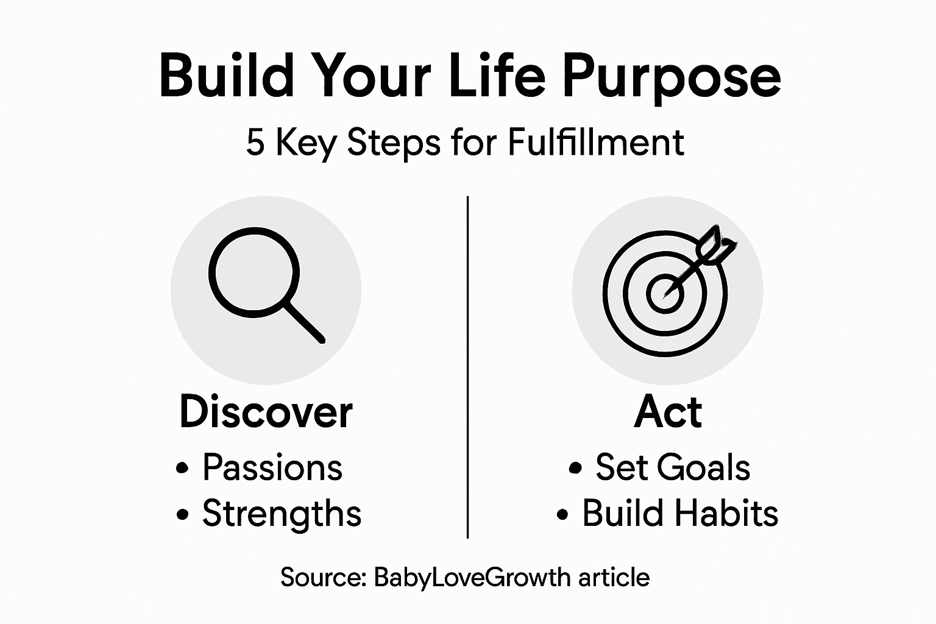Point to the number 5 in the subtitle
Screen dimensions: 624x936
[x=255, y=143]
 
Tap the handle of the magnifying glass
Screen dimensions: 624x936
[x=304, y=321]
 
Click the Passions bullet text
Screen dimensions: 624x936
[x=272, y=467]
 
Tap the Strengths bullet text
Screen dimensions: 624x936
[x=282, y=513]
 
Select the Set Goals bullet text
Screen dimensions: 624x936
[x=673, y=467]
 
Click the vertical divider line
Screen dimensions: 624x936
[x=467, y=366]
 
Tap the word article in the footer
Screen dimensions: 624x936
[x=614, y=576]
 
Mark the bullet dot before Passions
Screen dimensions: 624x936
[x=182, y=469]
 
